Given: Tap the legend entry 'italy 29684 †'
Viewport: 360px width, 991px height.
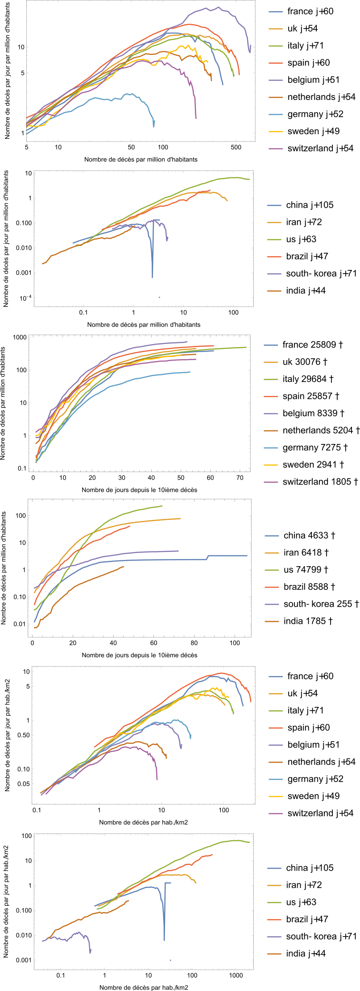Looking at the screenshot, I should click(x=308, y=379).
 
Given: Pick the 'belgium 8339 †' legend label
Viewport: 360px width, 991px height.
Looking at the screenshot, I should click(x=313, y=413).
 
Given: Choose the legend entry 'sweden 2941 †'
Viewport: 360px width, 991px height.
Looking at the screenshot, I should click(x=313, y=464).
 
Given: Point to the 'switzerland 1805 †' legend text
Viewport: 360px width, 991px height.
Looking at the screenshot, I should click(x=320, y=481).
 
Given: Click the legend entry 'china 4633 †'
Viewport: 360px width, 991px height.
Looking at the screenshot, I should click(x=309, y=535).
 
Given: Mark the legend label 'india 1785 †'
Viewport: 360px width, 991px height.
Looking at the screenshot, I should click(x=308, y=621).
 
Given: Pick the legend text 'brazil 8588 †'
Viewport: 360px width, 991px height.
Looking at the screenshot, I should click(x=309, y=587).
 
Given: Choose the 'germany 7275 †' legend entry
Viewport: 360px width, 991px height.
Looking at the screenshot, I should click(x=315, y=448).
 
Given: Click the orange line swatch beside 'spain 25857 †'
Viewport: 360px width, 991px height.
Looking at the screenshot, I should click(x=271, y=396).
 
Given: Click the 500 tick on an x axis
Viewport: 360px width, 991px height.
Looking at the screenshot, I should click(x=236, y=147).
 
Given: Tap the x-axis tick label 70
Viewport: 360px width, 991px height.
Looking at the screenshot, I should click(x=240, y=478).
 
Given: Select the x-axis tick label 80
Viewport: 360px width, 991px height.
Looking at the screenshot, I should click(x=194, y=643).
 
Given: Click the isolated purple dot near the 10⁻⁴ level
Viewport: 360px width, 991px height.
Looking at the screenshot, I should click(x=159, y=297).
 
